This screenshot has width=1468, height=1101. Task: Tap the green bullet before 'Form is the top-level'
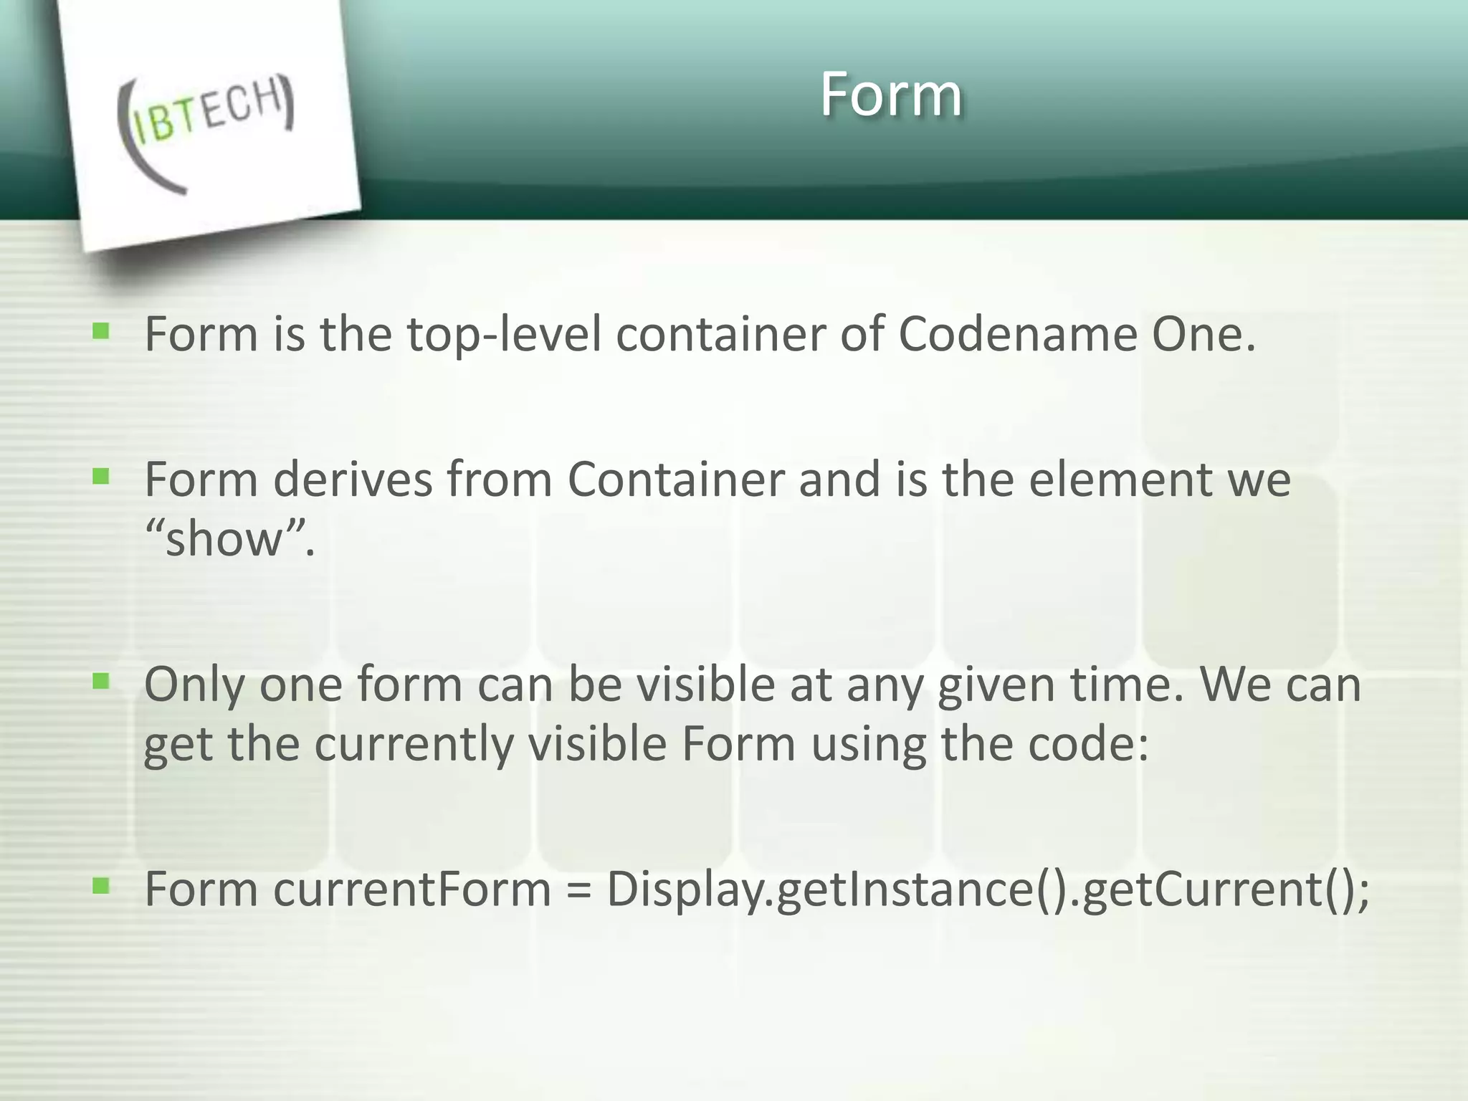101,331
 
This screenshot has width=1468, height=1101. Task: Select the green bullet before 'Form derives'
101,477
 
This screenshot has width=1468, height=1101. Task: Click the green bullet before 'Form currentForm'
101,887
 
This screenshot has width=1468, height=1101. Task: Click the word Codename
1017,334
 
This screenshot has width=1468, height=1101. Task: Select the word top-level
504,334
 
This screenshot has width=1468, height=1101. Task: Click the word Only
194,685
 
